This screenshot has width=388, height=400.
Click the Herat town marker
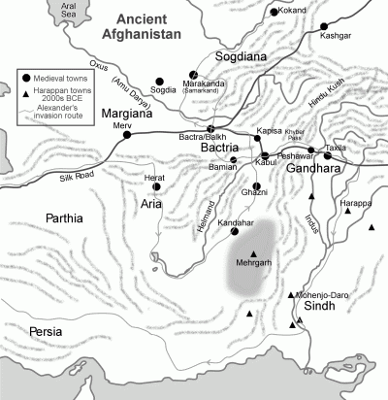[156, 185]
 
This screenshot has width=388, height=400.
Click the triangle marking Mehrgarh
[254, 253]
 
